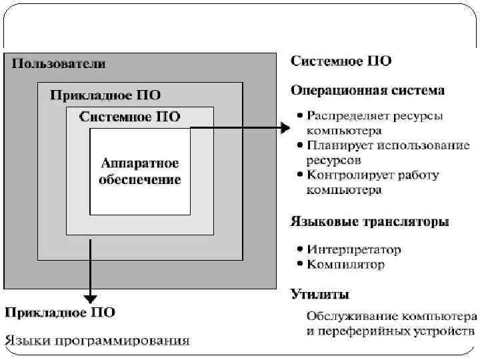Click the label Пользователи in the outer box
click(58, 64)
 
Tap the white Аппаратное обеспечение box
click(140, 171)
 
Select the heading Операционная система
click(368, 89)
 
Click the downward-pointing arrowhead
click(90, 298)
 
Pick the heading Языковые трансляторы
click(370, 221)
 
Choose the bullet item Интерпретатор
click(353, 250)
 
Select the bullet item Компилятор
click(345, 265)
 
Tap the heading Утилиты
click(319, 294)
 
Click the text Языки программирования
click(97, 341)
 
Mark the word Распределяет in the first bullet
click(342, 115)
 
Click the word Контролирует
click(345, 175)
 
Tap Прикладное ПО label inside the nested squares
click(105, 95)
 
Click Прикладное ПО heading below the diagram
click(60, 312)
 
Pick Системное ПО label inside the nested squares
click(129, 117)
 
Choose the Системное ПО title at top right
click(341, 61)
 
